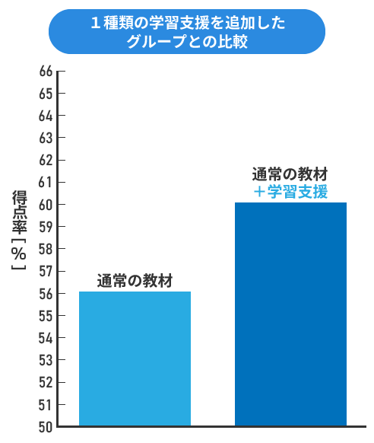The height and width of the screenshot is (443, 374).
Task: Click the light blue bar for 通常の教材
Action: [135, 359]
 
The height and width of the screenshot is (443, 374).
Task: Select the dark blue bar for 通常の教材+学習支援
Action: [291, 314]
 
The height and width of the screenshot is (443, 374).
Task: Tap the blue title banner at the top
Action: [187, 32]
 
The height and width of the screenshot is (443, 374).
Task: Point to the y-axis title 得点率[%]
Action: [19, 230]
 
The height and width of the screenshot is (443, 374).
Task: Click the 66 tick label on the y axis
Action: [46, 72]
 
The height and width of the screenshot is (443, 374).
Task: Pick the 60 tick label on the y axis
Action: [46, 205]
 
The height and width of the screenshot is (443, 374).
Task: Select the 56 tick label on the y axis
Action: [46, 294]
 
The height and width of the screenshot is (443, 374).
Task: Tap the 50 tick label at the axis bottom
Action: [46, 427]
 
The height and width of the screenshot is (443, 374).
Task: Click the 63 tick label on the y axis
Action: [46, 139]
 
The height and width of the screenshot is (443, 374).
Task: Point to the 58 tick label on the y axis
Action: [46, 249]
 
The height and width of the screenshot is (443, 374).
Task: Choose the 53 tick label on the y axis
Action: [46, 361]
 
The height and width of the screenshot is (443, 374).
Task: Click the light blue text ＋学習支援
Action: [290, 192]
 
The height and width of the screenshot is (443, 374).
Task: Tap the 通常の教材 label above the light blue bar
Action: [135, 281]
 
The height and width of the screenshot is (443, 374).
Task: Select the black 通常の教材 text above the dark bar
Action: [290, 174]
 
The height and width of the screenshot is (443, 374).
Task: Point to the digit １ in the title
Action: [96, 23]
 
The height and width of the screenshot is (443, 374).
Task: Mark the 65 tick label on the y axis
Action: [46, 94]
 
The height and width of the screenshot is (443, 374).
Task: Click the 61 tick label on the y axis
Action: [46, 183]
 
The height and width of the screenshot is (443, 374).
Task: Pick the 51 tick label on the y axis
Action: [46, 405]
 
